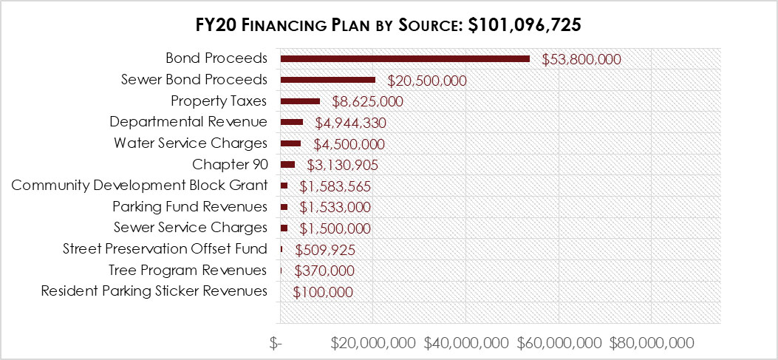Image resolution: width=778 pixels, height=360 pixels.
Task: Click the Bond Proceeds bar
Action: click(x=405, y=59)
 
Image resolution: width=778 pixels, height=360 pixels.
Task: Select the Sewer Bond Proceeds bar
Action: click(x=327, y=80)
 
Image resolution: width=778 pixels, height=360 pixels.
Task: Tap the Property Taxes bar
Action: click(x=300, y=101)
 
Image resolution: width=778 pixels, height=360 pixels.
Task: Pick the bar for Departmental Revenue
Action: click(x=291, y=122)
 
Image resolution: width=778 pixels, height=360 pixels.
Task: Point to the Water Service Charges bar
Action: click(x=290, y=143)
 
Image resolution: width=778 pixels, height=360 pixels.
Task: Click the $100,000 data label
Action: click(x=323, y=292)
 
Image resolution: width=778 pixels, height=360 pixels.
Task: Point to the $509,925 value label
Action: click(x=324, y=250)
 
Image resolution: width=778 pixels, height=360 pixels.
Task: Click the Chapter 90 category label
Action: click(x=230, y=164)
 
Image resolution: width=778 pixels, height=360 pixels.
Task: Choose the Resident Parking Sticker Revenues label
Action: click(x=154, y=291)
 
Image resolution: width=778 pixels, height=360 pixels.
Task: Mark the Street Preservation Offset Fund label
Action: click(x=165, y=248)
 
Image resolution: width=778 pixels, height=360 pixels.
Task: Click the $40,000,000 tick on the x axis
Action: click(x=467, y=343)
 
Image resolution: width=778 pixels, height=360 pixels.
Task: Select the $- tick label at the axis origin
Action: click(x=276, y=343)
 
